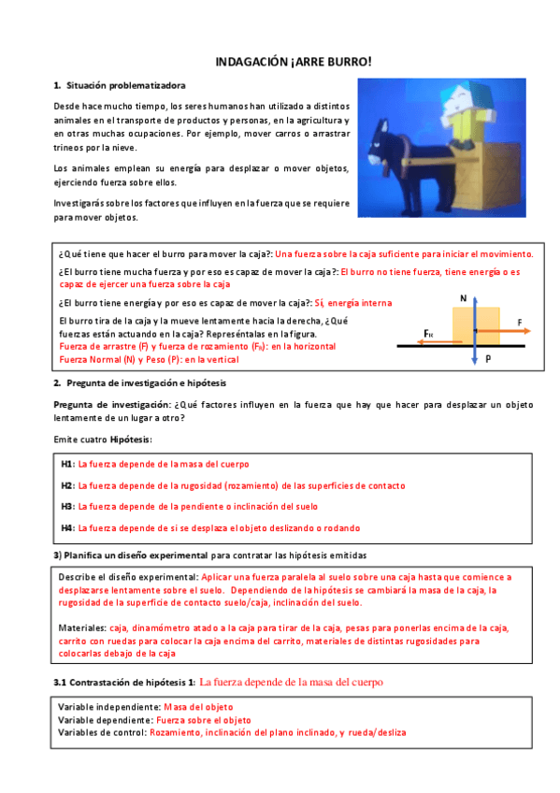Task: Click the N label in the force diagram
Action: pyautogui.click(x=464, y=297)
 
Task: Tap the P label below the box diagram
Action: pyautogui.click(x=488, y=359)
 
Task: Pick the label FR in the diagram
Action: pyautogui.click(x=428, y=333)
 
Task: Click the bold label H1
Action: pyautogui.click(x=67, y=464)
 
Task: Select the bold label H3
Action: pyautogui.click(x=67, y=506)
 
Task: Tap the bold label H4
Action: pyautogui.click(x=67, y=527)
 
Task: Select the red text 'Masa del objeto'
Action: pyautogui.click(x=199, y=707)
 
